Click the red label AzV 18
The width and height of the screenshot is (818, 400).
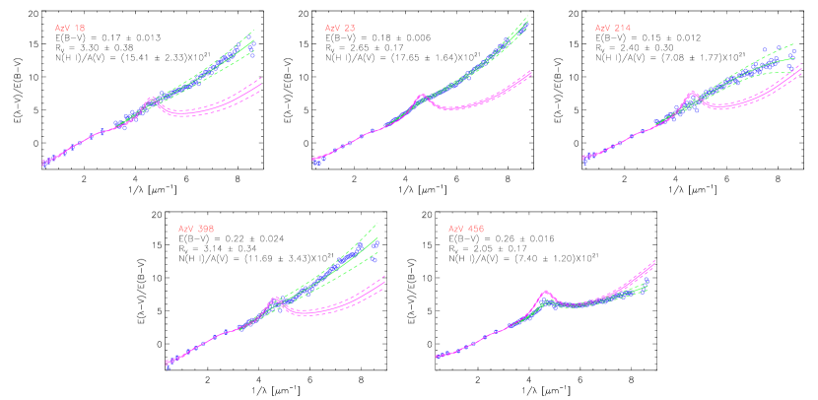click(69, 29)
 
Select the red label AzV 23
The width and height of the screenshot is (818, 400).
click(340, 29)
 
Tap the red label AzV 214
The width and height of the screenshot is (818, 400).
click(612, 29)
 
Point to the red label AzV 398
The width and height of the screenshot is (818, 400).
click(196, 229)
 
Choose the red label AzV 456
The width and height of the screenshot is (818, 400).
click(466, 229)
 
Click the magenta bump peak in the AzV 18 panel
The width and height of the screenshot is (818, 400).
click(151, 98)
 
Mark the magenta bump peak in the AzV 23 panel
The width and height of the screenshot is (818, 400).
click(422, 96)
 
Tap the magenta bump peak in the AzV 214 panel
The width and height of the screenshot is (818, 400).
click(692, 94)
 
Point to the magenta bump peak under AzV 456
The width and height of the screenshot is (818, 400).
click(545, 292)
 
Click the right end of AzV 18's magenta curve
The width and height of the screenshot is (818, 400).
click(261, 85)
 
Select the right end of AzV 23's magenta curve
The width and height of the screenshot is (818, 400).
click(531, 72)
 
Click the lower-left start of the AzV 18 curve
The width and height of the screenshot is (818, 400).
click(43, 163)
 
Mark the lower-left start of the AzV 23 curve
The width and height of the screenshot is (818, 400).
click(313, 160)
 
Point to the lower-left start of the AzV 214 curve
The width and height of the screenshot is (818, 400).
click(584, 158)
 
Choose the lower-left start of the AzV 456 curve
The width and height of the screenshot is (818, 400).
click(437, 357)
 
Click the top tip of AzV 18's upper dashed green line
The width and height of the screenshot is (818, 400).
click(254, 31)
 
